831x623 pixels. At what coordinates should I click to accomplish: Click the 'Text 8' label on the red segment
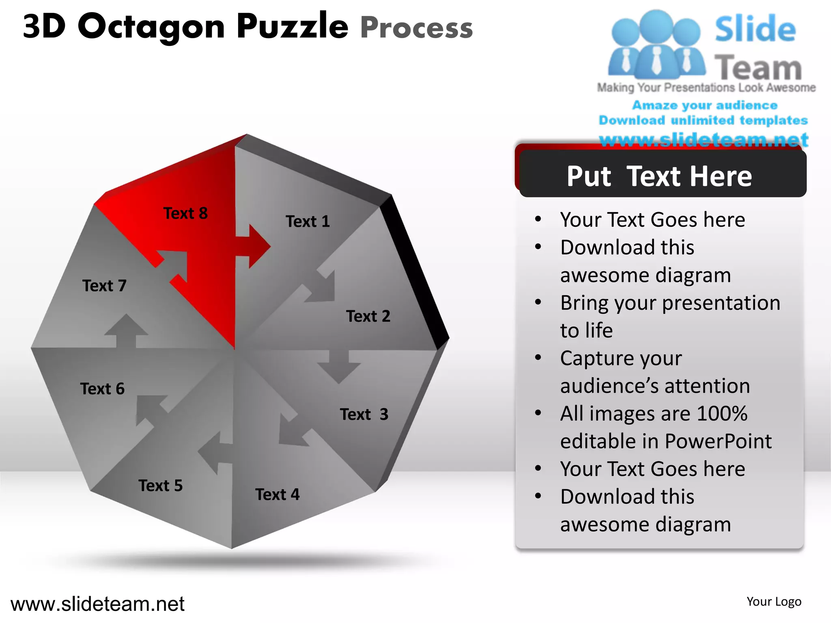(x=185, y=213)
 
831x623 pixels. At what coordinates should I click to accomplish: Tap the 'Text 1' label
(x=308, y=221)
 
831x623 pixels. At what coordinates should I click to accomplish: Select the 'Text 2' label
(x=368, y=316)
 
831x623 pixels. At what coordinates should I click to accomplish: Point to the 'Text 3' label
(x=364, y=415)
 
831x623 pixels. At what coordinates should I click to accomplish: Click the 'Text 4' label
(x=277, y=495)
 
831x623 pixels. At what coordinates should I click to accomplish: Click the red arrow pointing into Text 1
(x=253, y=246)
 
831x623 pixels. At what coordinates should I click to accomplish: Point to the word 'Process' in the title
(x=416, y=28)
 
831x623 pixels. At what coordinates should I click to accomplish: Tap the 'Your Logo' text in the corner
(x=774, y=602)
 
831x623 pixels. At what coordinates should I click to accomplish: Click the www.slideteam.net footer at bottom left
(x=97, y=604)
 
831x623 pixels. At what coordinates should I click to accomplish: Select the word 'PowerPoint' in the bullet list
(x=718, y=441)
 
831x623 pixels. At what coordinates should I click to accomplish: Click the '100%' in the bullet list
(x=722, y=414)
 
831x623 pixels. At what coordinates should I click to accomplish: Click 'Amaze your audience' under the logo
(x=705, y=105)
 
